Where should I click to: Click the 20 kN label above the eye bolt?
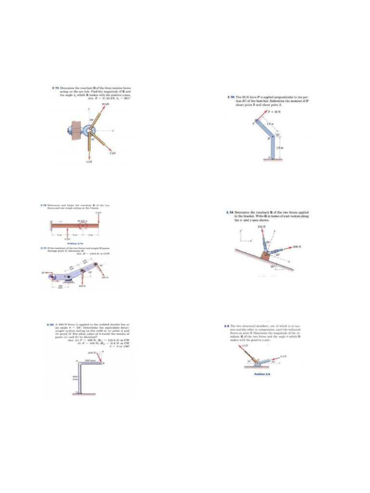coord(106,104)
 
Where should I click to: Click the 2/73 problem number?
coord(54,88)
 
